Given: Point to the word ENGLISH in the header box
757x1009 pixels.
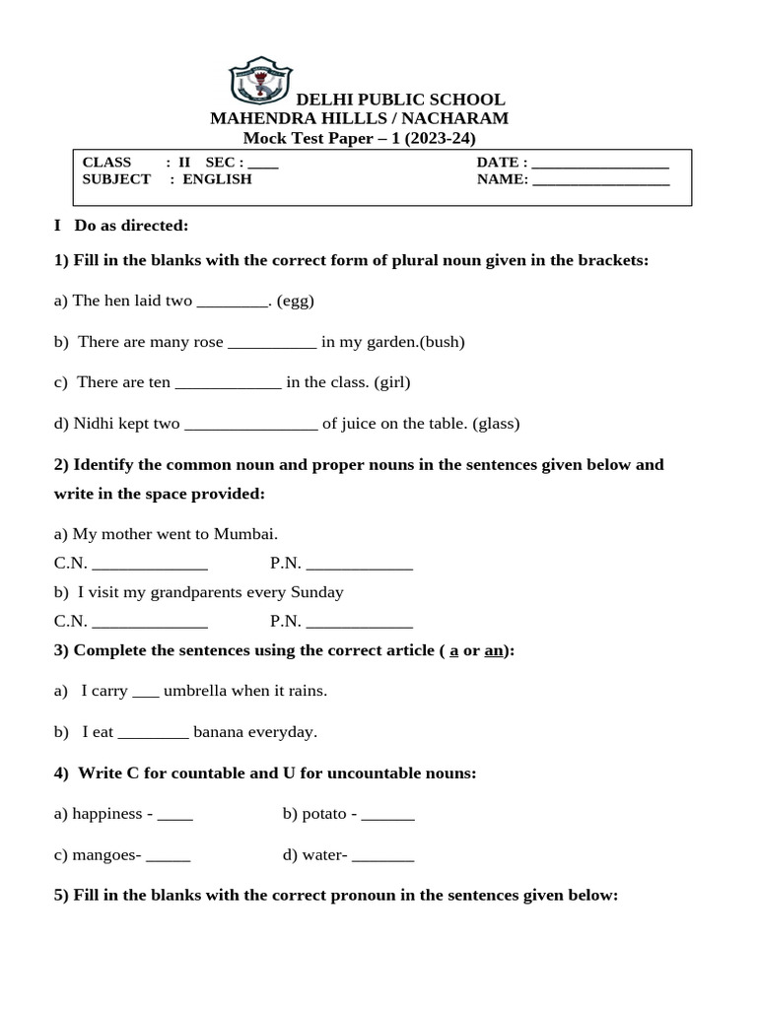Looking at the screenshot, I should (x=217, y=179).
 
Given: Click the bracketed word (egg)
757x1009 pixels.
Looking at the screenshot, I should (x=296, y=301).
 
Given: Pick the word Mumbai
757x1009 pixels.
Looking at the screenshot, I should (x=246, y=534).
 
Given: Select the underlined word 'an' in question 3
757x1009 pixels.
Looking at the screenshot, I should (x=494, y=651).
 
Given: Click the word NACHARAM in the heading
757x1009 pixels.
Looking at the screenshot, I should (x=457, y=119).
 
